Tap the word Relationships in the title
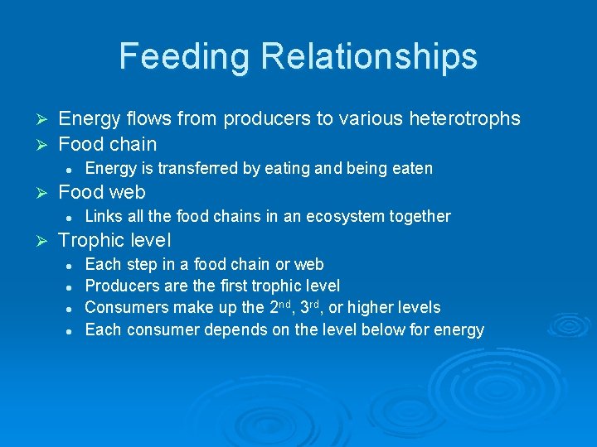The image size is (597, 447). (369, 57)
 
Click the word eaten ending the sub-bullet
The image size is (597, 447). (411, 169)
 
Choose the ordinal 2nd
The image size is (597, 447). (278, 307)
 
